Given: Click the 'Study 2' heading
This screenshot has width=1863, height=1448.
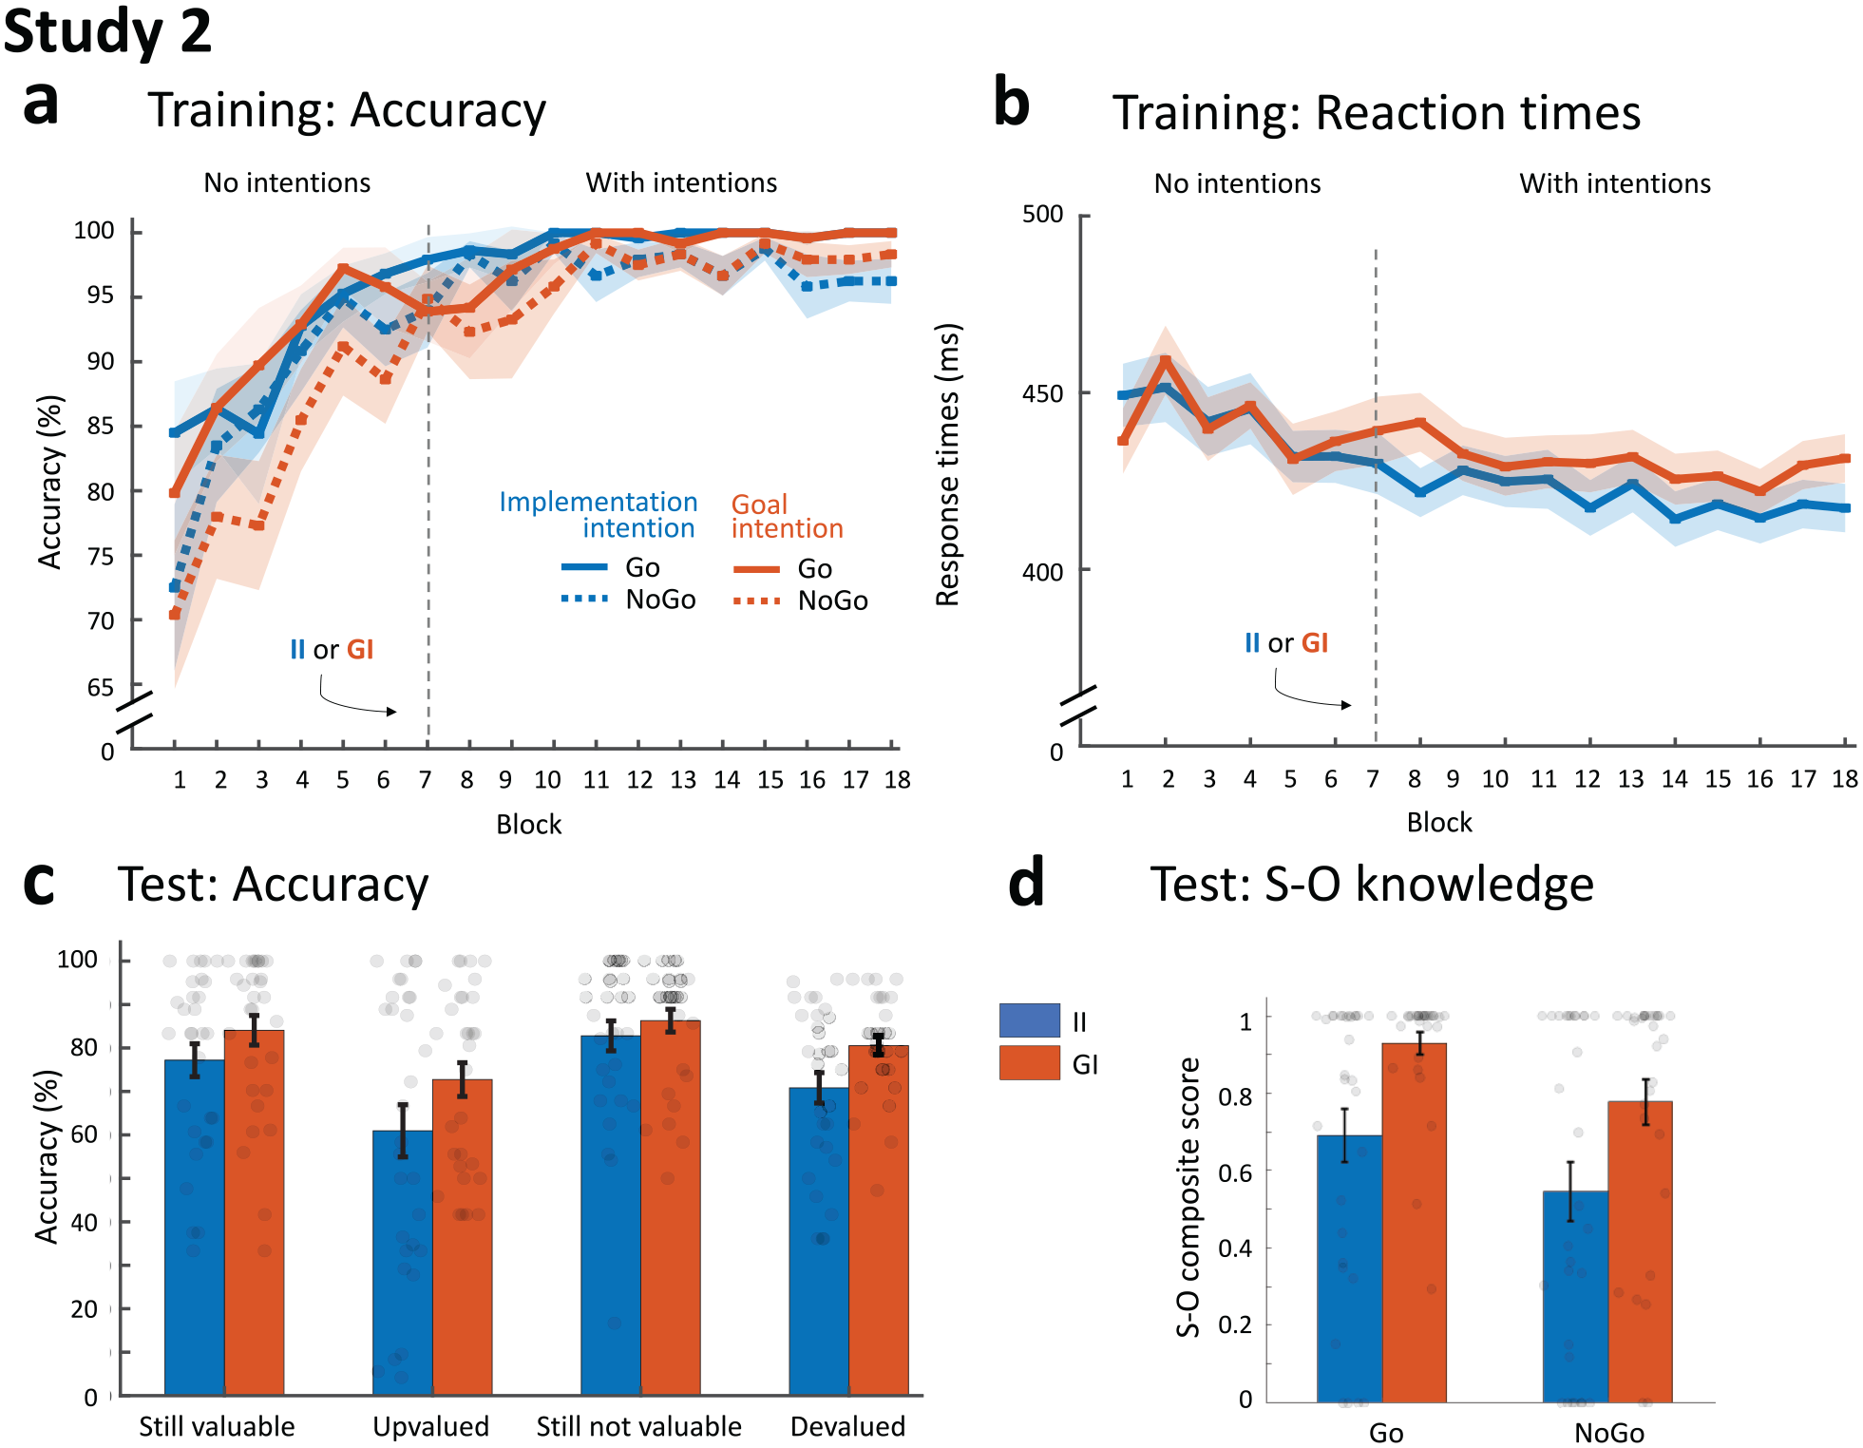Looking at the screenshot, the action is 107,31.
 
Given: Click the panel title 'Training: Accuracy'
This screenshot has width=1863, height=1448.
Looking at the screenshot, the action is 347,110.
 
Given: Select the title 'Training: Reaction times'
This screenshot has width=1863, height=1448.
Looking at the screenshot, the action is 1377,113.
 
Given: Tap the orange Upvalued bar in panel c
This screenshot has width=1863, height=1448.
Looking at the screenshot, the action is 462,1237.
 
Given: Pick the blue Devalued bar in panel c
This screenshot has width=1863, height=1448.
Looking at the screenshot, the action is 819,1242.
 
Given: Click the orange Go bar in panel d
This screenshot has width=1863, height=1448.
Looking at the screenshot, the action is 1414,1223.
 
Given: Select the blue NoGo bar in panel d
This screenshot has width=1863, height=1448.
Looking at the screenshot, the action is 1575,1297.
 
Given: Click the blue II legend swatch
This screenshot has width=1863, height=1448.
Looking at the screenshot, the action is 1029,1020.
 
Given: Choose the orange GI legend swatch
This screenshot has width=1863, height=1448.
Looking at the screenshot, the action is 1029,1063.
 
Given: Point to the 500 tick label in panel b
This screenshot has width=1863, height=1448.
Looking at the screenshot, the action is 1042,215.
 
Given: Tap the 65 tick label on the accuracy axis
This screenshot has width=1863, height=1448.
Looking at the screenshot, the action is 100,687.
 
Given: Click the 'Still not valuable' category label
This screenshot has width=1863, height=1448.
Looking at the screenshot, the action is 638,1426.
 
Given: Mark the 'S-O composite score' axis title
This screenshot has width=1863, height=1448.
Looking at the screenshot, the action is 1188,1197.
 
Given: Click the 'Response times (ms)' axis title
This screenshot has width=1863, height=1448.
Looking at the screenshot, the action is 948,465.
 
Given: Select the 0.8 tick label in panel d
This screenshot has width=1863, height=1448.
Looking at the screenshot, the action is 1235,1096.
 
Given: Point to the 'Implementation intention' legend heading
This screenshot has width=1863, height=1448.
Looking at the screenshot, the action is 599,515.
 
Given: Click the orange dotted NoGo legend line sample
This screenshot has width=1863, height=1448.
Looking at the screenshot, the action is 757,600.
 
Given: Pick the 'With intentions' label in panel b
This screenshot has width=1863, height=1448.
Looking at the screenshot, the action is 1615,183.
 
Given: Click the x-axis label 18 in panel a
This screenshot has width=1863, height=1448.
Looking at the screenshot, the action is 897,780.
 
